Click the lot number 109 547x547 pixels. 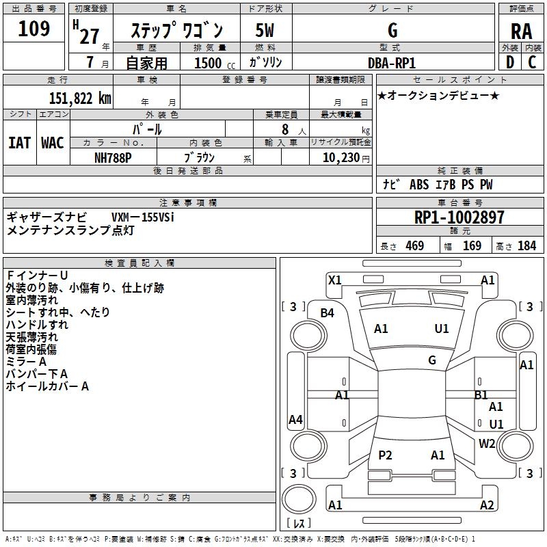click(34, 29)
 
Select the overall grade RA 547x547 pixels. click(521, 31)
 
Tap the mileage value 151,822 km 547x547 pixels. click(80, 98)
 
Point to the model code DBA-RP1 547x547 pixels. click(391, 63)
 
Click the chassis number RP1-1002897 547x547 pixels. click(459, 217)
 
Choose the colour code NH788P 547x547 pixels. click(113, 158)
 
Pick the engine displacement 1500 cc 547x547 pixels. click(215, 63)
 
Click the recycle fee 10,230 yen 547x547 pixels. click(346, 158)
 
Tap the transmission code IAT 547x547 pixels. click(20, 143)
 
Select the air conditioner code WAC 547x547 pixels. click(53, 143)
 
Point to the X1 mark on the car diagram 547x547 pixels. click(334, 280)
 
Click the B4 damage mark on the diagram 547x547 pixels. click(327, 313)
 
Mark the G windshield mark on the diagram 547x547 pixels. click(432, 360)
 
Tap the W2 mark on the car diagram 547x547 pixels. click(487, 443)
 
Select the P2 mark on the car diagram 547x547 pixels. click(385, 455)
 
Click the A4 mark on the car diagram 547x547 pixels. click(295, 419)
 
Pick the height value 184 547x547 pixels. click(526, 245)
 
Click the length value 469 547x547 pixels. click(415, 245)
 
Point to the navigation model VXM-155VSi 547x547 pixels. click(143, 217)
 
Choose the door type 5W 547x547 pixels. click(265, 30)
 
